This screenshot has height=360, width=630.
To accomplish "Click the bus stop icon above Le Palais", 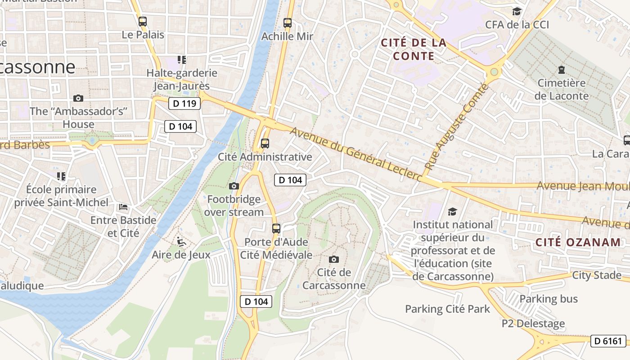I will [143, 21].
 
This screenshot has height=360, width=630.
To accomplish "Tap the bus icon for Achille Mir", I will [288, 23].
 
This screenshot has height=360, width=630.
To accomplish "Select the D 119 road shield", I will [184, 103].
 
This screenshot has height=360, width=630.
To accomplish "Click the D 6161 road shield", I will [608, 341].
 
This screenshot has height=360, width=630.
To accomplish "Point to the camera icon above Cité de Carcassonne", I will [333, 259].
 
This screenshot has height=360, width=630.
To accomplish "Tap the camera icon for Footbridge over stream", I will [234, 186].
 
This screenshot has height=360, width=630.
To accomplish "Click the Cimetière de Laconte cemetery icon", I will [562, 70].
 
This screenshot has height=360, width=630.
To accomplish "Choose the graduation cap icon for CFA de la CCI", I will [517, 11].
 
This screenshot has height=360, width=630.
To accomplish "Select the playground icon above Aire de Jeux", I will [181, 242].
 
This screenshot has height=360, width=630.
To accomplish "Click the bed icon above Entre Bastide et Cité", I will [123, 207].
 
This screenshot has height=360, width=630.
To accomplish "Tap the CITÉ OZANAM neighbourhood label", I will [578, 242].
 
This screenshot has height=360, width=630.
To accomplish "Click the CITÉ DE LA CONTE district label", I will [414, 49].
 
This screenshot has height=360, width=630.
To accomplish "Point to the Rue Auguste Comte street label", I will [456, 127].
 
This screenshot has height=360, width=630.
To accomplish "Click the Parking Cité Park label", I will [447, 309].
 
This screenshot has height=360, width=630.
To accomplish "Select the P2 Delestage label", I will [533, 324].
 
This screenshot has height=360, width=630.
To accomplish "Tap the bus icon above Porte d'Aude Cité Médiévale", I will [276, 228].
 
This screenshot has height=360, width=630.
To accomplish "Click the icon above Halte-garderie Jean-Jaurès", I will [182, 59].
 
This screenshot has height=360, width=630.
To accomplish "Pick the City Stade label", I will [597, 275].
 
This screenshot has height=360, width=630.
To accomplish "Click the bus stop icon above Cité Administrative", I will [265, 144].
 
